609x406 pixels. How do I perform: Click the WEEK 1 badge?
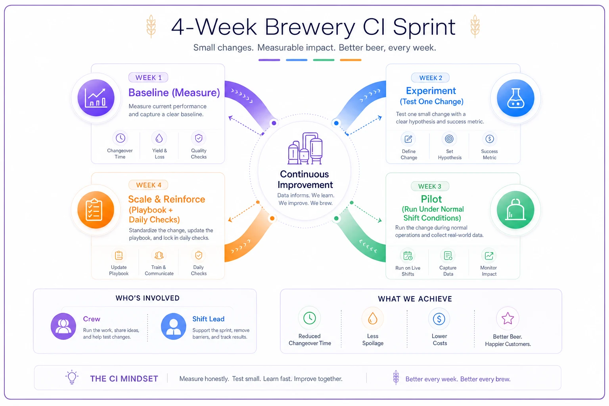pos(148,77)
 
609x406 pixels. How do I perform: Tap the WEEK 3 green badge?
pos(430,186)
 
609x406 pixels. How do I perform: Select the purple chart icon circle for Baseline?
pos(96,98)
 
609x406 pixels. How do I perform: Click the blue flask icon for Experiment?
pos(515,98)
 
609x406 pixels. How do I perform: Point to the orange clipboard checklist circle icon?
pos(96,210)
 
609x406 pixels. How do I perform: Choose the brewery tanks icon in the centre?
pos(305,148)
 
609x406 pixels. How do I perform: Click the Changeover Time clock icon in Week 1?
pos(120,138)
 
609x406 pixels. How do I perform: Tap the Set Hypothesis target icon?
pos(449,139)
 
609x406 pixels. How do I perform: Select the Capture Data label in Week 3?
pos(448,271)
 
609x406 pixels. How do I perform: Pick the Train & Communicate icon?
pos(159,255)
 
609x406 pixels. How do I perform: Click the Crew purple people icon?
pos(63,326)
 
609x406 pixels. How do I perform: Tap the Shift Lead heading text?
pos(208,319)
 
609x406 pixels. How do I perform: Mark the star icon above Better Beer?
pos(507,318)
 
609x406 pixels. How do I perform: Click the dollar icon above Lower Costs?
pos(439,319)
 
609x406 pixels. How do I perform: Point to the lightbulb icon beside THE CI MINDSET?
pos(72,377)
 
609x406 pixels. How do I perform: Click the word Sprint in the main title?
pos(424,27)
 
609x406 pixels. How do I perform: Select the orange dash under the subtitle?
pos(350,60)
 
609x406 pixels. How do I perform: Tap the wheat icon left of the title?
pos(151,27)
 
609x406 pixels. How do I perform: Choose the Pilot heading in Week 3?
pos(431,199)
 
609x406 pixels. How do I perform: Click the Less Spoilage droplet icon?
pos(372,318)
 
